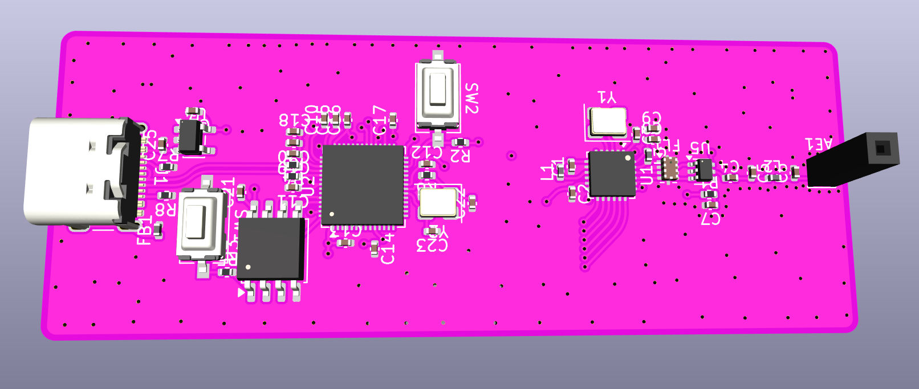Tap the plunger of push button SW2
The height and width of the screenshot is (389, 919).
pos(438,89)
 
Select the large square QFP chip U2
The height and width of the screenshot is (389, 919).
pos(363,184)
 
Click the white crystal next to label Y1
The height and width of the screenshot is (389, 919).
pos(608,121)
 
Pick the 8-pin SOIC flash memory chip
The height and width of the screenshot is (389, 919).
pos(271,249)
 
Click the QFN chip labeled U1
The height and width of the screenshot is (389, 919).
pos(612,174)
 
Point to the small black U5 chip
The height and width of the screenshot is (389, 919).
pos(704,170)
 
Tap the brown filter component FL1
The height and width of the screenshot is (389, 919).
pos(669,168)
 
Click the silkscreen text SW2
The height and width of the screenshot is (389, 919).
pos(471,98)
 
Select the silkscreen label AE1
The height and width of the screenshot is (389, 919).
pos(819,144)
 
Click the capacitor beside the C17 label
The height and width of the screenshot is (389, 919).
pos(393,119)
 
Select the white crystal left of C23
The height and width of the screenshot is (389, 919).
pos(437,203)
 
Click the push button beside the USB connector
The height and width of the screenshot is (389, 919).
pos(200,223)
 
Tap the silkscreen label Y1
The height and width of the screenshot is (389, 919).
pos(607,97)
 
